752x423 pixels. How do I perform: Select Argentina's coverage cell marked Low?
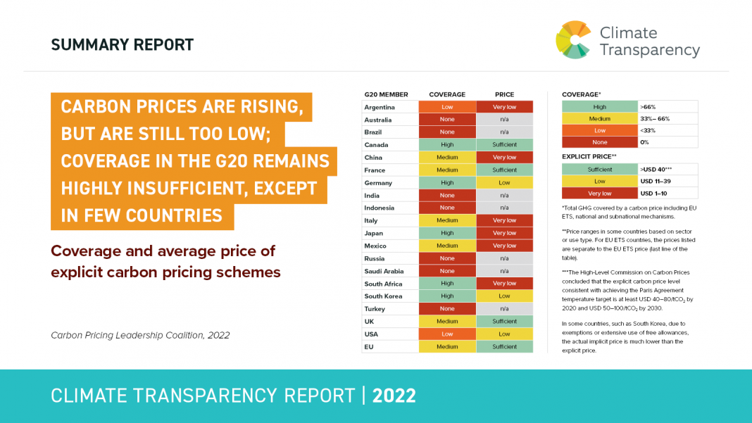coord(447,107)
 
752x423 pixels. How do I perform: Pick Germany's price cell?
coord(505,182)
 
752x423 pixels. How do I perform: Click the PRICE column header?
coord(505,94)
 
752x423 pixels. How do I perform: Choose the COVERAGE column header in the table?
coord(447,94)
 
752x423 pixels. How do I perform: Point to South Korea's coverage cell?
coord(447,296)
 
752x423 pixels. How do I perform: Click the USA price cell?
coord(505,334)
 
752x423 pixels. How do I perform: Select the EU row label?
coord(369,346)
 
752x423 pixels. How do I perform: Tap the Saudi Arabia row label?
coord(383,271)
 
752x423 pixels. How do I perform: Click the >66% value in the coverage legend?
coord(648,107)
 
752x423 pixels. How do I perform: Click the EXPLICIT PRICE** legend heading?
coord(589,156)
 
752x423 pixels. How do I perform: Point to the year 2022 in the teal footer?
coord(394,396)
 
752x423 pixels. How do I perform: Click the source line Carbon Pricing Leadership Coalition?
coord(140,335)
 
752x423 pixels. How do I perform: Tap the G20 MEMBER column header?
coord(386,94)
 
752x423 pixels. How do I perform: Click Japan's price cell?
coord(505,233)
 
